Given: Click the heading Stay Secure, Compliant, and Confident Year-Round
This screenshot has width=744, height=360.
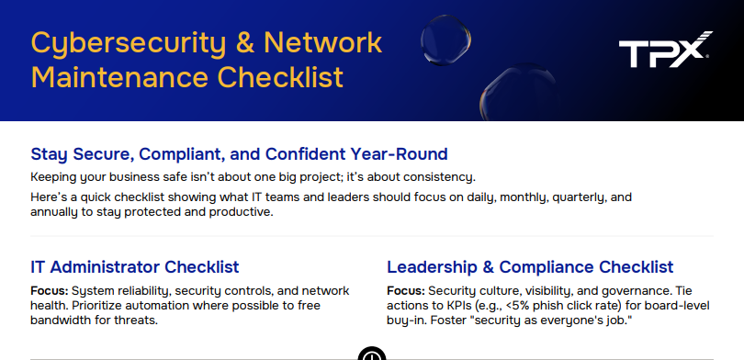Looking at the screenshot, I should [239, 153].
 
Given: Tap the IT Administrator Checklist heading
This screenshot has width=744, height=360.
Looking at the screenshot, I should [134, 267].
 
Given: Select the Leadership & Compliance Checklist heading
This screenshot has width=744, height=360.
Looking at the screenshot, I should [530, 267].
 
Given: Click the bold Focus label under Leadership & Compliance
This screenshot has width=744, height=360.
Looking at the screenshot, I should [406, 290].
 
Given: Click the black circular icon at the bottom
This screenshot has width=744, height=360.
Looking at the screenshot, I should [371, 354].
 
